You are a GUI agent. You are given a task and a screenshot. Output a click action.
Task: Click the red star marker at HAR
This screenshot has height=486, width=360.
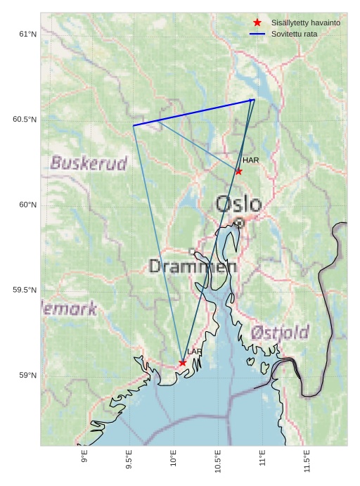point(239,171)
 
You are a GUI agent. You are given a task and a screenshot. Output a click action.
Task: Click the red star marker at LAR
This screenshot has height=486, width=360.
point(183,363)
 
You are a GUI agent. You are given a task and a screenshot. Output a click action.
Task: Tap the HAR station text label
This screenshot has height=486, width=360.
point(251,160)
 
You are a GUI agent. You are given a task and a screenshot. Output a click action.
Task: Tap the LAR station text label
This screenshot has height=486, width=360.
point(195,352)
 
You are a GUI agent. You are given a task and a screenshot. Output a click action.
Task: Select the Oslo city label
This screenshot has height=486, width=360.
point(238,204)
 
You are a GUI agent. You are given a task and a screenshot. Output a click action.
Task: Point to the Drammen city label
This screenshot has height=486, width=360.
point(193,267)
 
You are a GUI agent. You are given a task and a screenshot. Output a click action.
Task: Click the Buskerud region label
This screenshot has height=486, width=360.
point(89,164)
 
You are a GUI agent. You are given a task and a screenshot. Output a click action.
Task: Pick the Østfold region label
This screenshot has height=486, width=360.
point(280,332)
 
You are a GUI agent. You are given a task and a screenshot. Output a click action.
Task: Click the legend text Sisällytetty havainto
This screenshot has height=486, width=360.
point(306,23)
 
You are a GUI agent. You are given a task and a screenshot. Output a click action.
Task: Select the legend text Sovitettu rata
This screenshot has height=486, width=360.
point(294,34)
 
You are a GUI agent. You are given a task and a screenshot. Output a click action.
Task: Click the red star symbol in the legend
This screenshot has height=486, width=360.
point(257,23)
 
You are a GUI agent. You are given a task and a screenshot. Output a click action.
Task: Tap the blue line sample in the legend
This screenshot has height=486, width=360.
point(257,34)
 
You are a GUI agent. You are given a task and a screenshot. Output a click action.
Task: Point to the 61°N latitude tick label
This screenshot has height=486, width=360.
point(28,34)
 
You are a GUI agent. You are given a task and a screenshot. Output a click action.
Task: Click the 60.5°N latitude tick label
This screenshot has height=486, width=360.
point(25,120)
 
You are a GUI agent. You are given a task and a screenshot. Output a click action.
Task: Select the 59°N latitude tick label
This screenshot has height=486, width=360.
point(28,376)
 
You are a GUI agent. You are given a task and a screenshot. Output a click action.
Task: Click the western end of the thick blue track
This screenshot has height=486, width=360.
point(134,125)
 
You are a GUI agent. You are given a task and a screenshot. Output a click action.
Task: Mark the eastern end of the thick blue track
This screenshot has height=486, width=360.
point(254,100)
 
